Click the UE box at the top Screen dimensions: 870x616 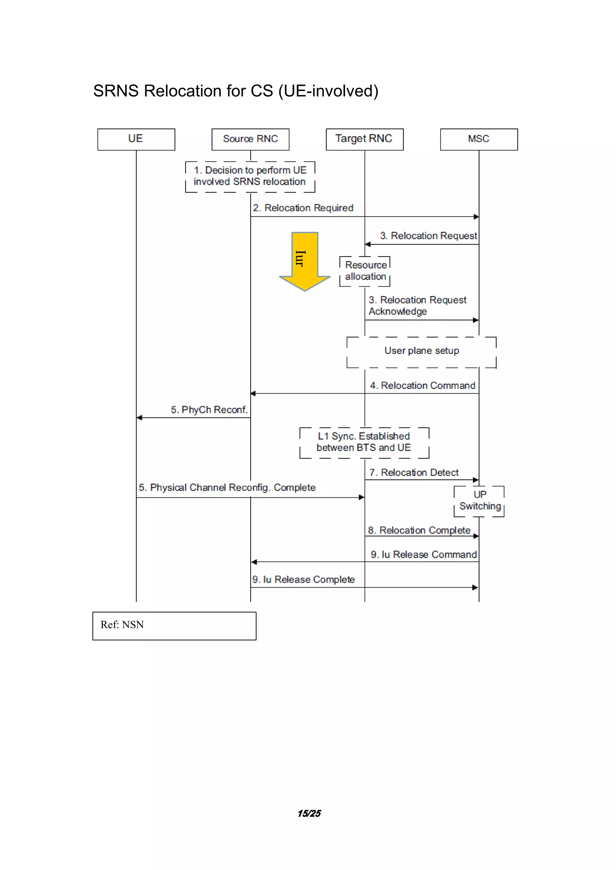pos(136,139)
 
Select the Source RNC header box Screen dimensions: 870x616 pos(250,139)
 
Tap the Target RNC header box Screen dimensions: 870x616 pos(365,139)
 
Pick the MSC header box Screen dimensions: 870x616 pos(479,139)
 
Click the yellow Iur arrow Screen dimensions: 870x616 pos(305,261)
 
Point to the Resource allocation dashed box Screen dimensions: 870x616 pos(365,271)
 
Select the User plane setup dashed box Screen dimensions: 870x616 pos(421,351)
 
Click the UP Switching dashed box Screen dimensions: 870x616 pos(479,500)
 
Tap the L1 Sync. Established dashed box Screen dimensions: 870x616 pos(364,442)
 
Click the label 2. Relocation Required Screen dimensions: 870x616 pos(303,208)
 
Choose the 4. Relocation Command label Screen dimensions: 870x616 pos(423,386)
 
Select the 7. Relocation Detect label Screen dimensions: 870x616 pos(414,473)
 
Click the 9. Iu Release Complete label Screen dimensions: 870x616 pos(303,579)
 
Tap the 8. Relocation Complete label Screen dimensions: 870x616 pos(419,530)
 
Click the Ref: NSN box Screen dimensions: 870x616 pos(174,625)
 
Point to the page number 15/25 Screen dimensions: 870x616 pos(309,813)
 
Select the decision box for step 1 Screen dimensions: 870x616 pos(250,176)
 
